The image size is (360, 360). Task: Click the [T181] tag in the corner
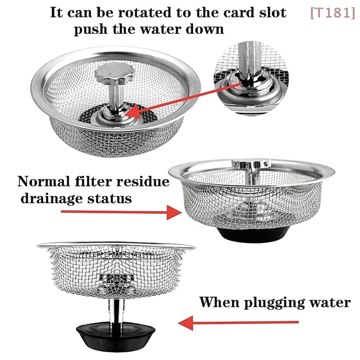pos(332,13)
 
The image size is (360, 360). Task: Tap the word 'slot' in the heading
pos(270,12)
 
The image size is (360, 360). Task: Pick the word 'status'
pos(111,198)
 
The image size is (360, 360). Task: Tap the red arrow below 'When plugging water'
pos(238,322)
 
